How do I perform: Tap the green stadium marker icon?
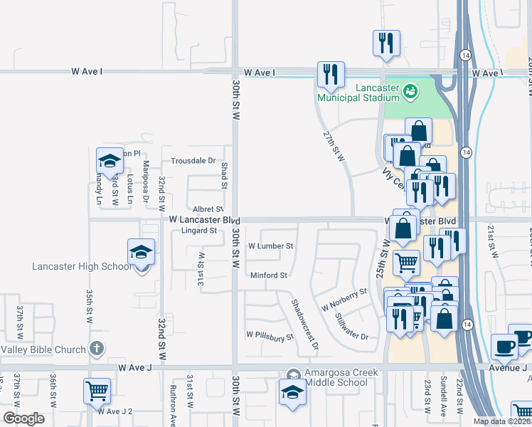click(410, 90)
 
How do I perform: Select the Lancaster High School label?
click(82, 267)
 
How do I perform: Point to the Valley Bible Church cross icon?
click(97, 349)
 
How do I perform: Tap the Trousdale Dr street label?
click(191, 161)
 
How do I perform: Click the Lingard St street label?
click(198, 231)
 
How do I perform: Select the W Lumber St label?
click(270, 246)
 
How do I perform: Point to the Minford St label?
click(268, 275)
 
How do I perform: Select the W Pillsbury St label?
click(270, 334)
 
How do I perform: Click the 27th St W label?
click(333, 146)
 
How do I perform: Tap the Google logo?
click(23, 418)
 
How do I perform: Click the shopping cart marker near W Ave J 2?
click(96, 391)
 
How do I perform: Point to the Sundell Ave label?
click(444, 396)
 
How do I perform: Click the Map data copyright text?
click(502, 421)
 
